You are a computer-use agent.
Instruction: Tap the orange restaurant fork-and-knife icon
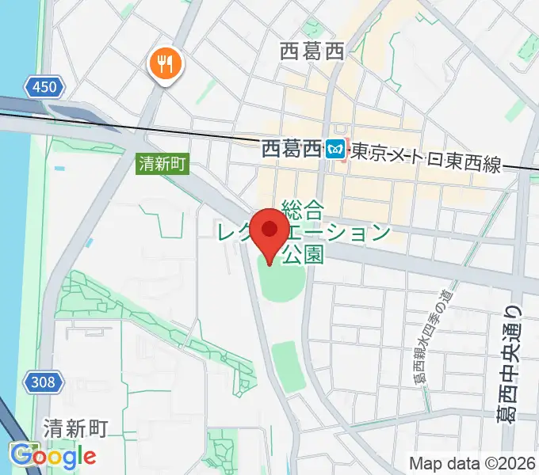pos(165,63)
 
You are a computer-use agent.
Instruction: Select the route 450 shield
pos(44,87)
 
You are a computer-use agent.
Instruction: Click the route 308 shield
pos(44,383)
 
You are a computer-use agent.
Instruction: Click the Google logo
pos(52,456)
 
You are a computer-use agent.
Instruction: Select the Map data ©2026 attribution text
pos(473,463)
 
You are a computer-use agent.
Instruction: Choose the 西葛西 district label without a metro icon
pos(312,52)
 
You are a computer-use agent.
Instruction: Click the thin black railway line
pos(198,131)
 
